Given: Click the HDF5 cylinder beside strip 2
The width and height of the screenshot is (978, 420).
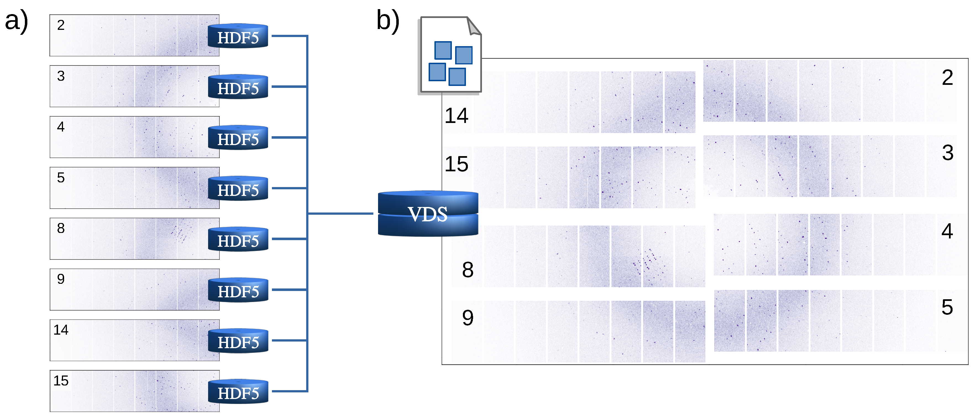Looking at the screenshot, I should [x=238, y=36].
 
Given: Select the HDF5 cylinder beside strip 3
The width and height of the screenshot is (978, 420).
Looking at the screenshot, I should [x=238, y=87].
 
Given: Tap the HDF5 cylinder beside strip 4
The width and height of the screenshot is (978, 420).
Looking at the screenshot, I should [x=238, y=138].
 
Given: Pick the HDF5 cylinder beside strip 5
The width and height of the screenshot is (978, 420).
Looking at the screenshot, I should [x=238, y=189].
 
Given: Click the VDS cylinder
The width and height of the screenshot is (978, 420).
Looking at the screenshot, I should [x=428, y=214].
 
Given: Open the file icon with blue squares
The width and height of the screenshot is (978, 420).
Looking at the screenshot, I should [x=450, y=55].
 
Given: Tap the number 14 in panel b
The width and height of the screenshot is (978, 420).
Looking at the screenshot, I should [x=456, y=116].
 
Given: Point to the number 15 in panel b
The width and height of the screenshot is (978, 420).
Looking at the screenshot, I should [x=456, y=164].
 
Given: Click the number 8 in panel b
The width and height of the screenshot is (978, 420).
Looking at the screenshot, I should [x=468, y=270].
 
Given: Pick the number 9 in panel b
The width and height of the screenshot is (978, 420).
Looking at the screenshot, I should [x=468, y=318].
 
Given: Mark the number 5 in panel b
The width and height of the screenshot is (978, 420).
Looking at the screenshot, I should [x=947, y=307].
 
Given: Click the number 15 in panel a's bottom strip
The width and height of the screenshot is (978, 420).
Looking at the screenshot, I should [x=61, y=380].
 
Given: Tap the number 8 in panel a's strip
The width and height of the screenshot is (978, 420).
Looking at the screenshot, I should [x=61, y=228].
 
